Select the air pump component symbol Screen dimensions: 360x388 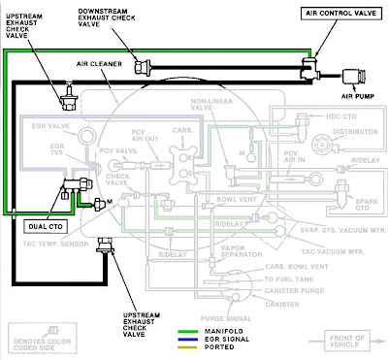pos(354,76)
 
